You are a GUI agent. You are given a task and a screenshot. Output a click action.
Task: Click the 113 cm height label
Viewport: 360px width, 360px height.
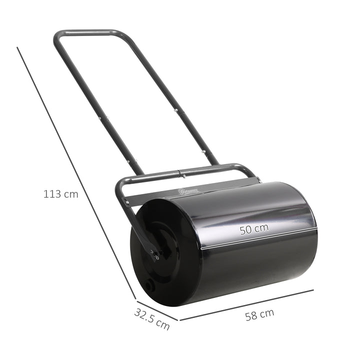(60, 194)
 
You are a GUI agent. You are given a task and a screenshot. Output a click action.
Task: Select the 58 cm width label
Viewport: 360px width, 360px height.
(259, 314)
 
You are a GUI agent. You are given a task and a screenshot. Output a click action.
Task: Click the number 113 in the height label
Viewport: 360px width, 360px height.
(53, 194)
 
